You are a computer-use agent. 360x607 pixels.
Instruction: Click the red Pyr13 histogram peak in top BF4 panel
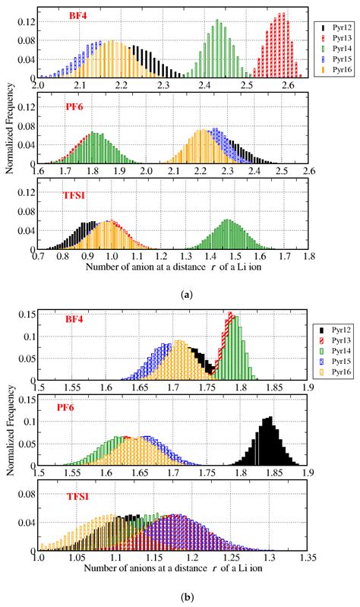pyautogui.click(x=281, y=14)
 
